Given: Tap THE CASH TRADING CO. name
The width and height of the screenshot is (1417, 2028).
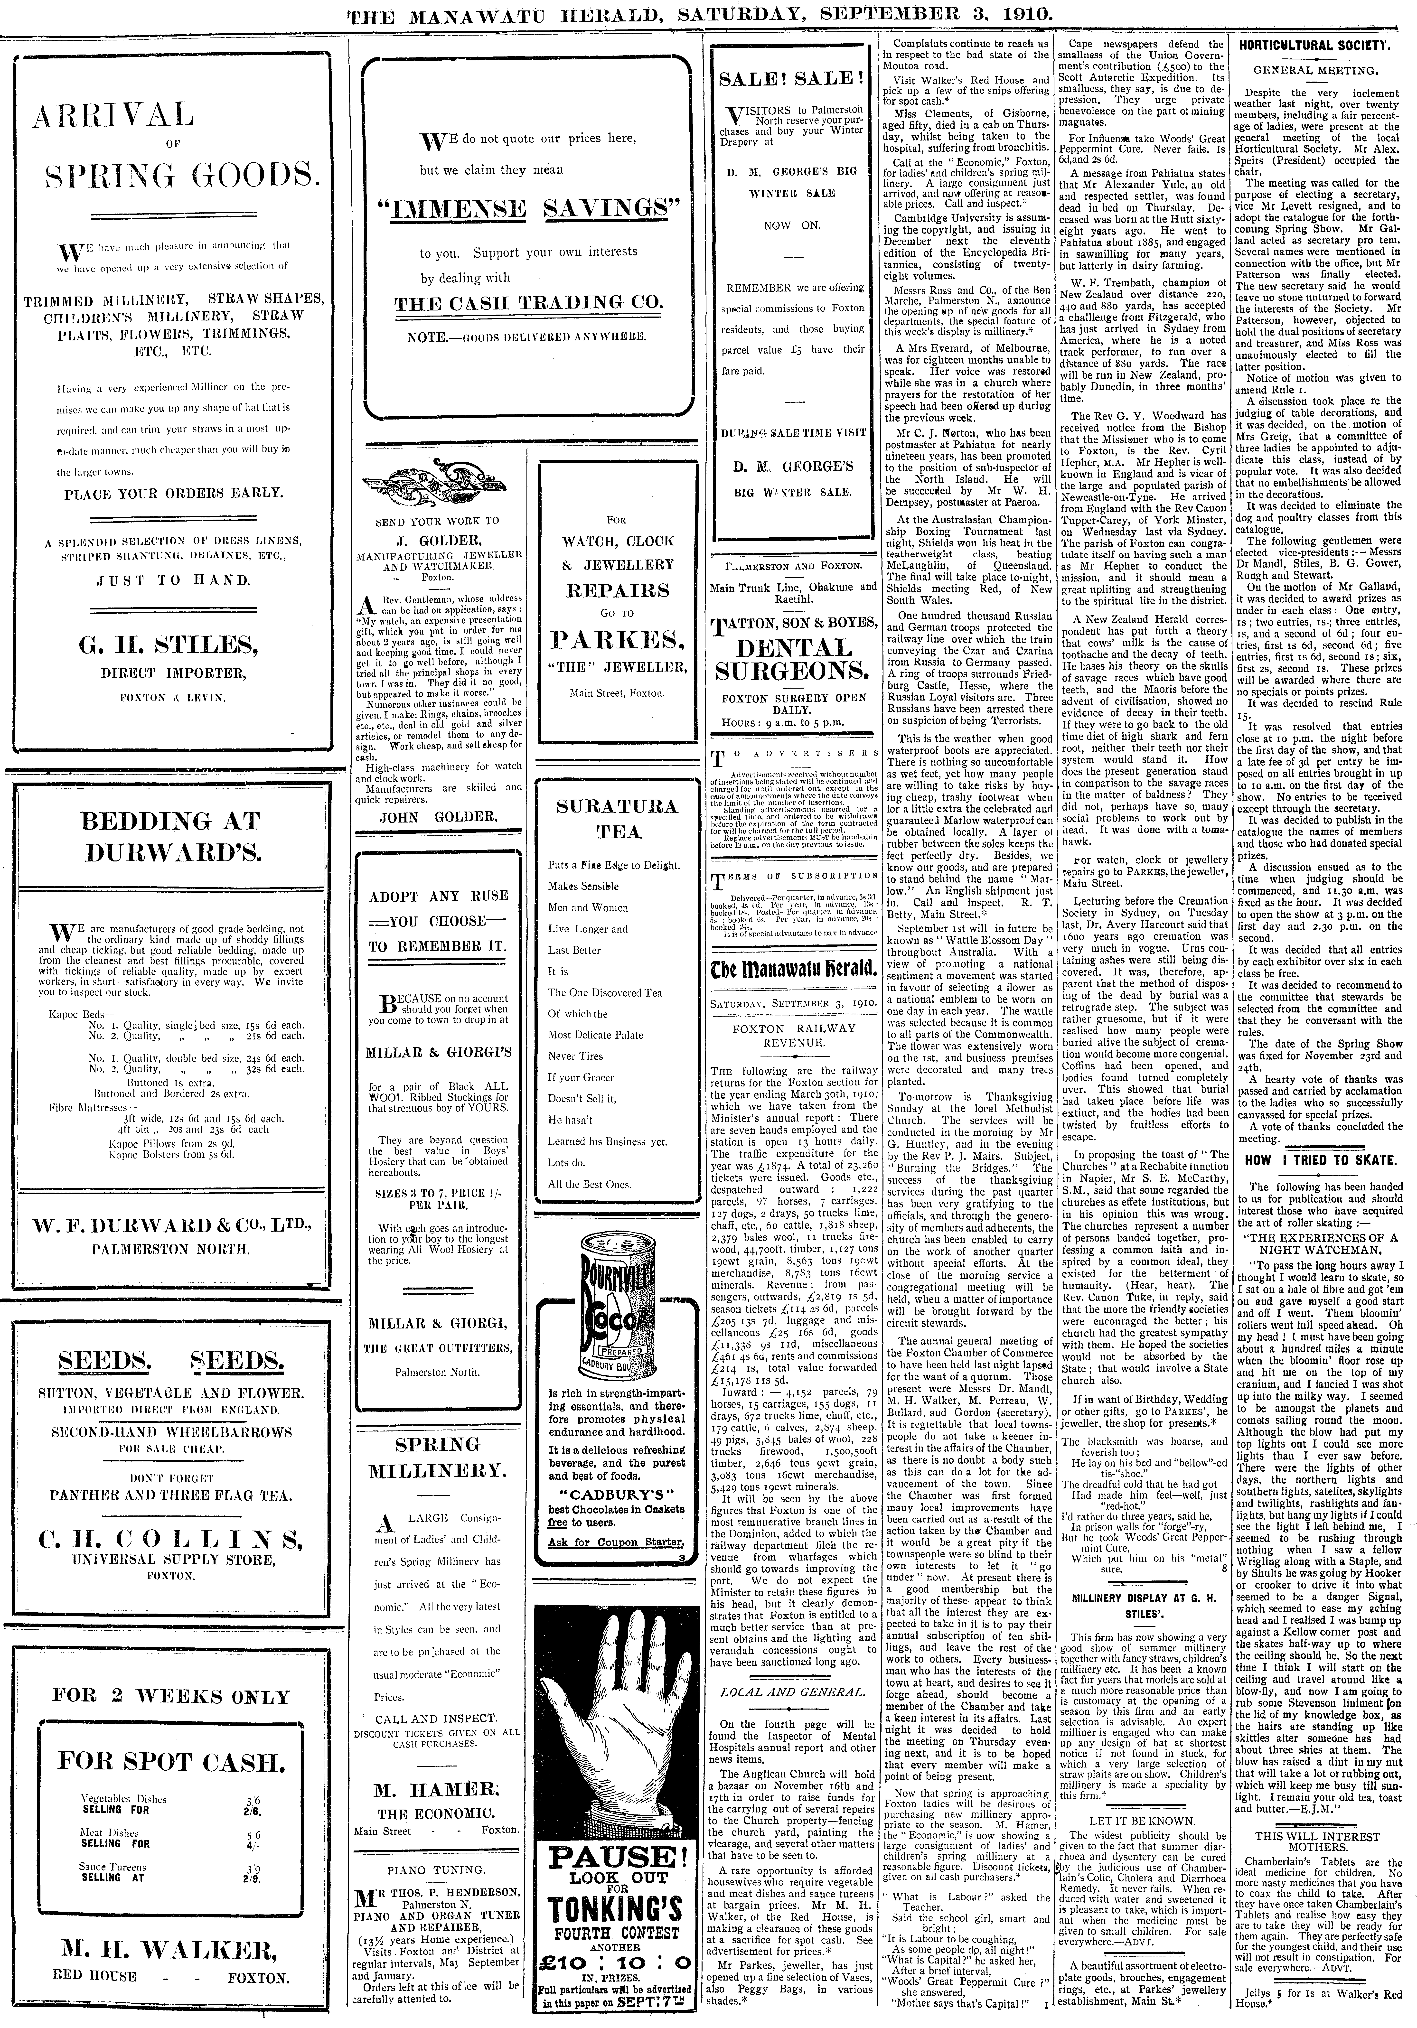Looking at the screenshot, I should [527, 303].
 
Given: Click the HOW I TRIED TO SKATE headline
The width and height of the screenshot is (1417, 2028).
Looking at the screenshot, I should [1320, 1160].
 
